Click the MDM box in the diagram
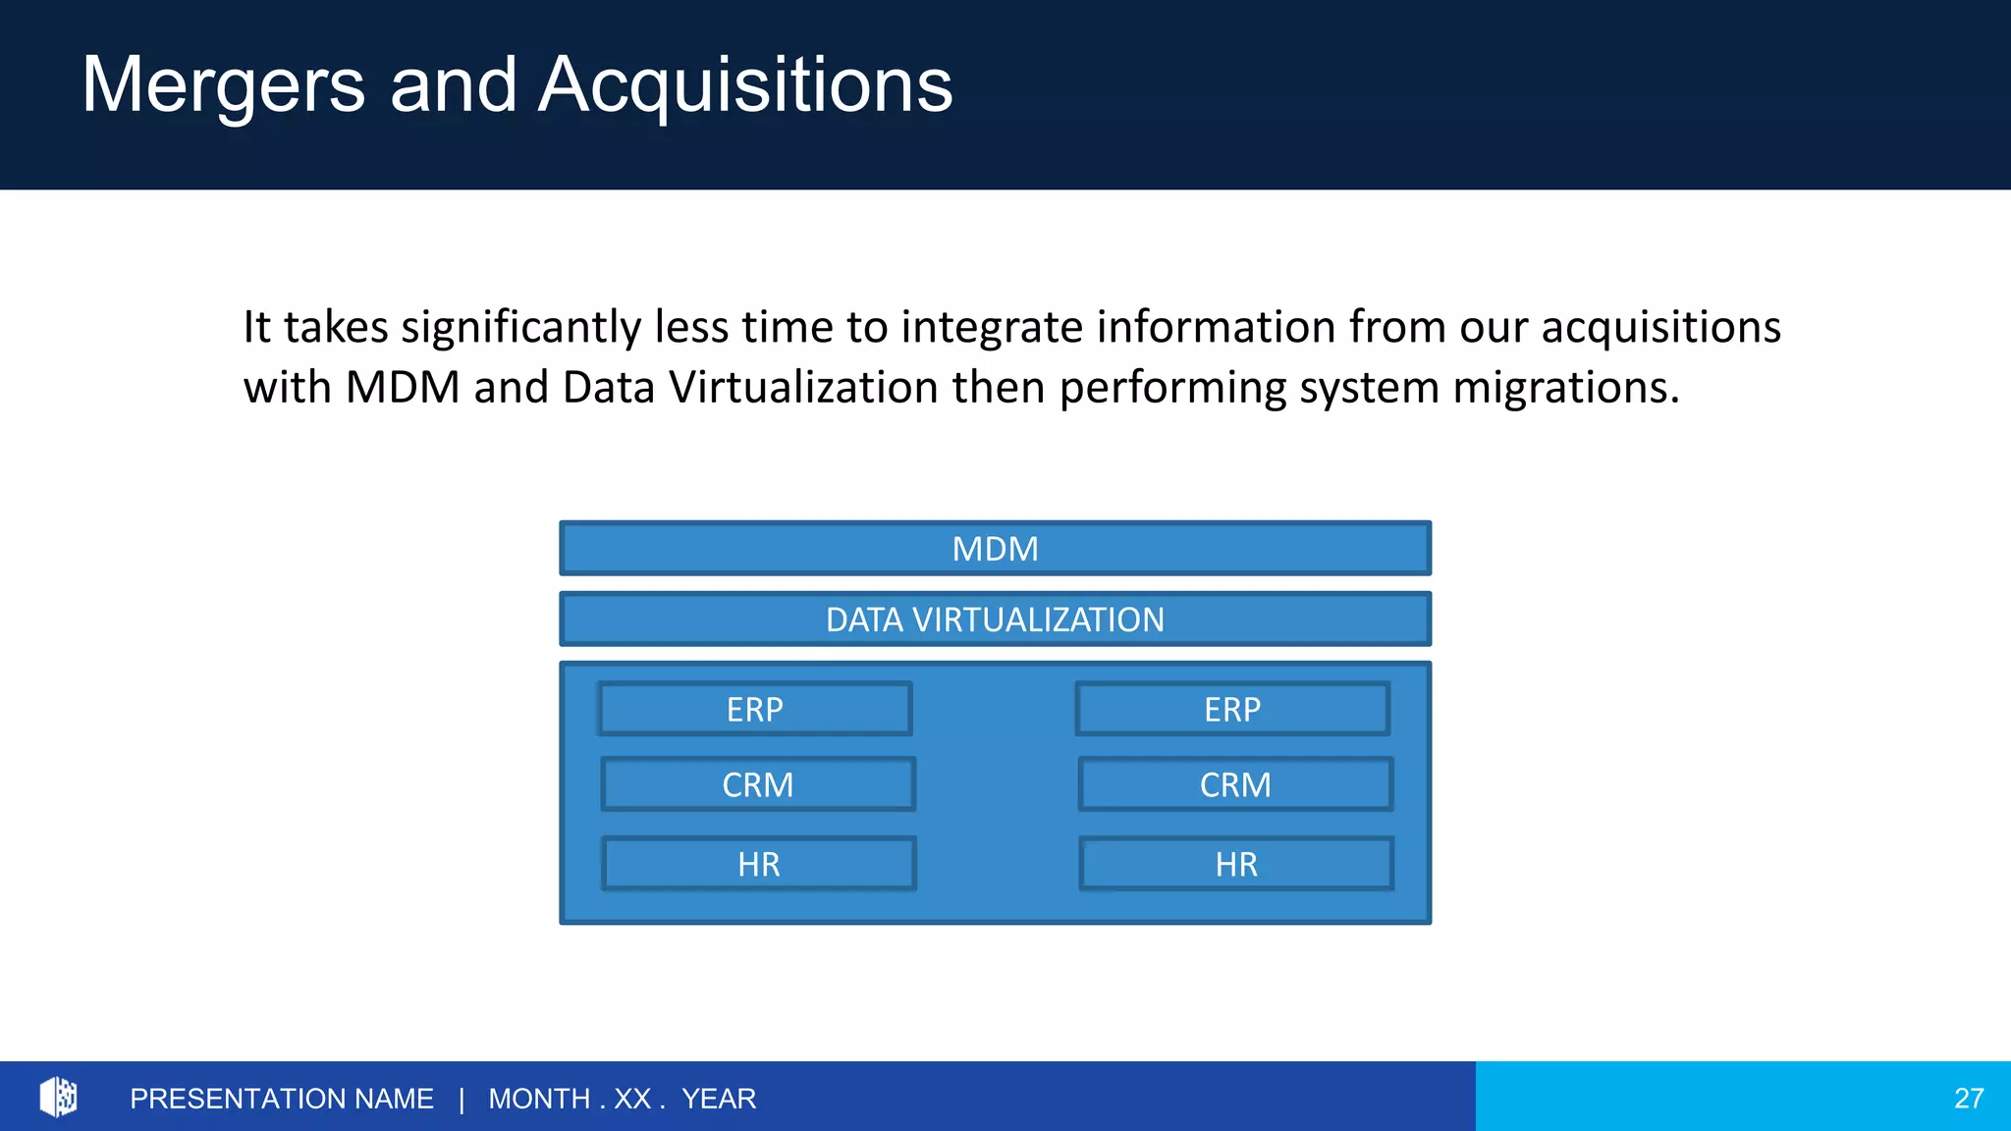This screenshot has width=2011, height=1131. pyautogui.click(x=995, y=549)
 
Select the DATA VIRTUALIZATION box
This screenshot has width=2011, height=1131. pyautogui.click(x=995, y=619)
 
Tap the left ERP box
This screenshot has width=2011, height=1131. pyautogui.click(x=755, y=709)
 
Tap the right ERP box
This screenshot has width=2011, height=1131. pyautogui.click(x=1232, y=709)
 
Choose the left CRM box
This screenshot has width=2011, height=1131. pyautogui.click(x=758, y=784)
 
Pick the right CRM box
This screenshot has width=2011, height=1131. pyautogui.click(x=1235, y=784)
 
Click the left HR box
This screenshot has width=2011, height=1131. pyautogui.click(x=759, y=864)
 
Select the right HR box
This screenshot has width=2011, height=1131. pyautogui.click(x=1236, y=864)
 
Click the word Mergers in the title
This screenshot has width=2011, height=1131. pyautogui.click(x=223, y=85)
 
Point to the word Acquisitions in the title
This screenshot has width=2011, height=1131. pyautogui.click(x=745, y=85)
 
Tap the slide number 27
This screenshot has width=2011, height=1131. pyautogui.click(x=1968, y=1098)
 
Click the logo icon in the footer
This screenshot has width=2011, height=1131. pyautogui.click(x=58, y=1097)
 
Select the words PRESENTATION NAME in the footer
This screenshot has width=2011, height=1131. pyautogui.click(x=282, y=1099)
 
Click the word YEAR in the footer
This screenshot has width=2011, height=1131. pyautogui.click(x=719, y=1099)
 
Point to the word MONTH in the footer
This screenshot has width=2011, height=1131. pyautogui.click(x=539, y=1099)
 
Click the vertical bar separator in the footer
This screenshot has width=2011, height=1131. pyautogui.click(x=462, y=1099)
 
